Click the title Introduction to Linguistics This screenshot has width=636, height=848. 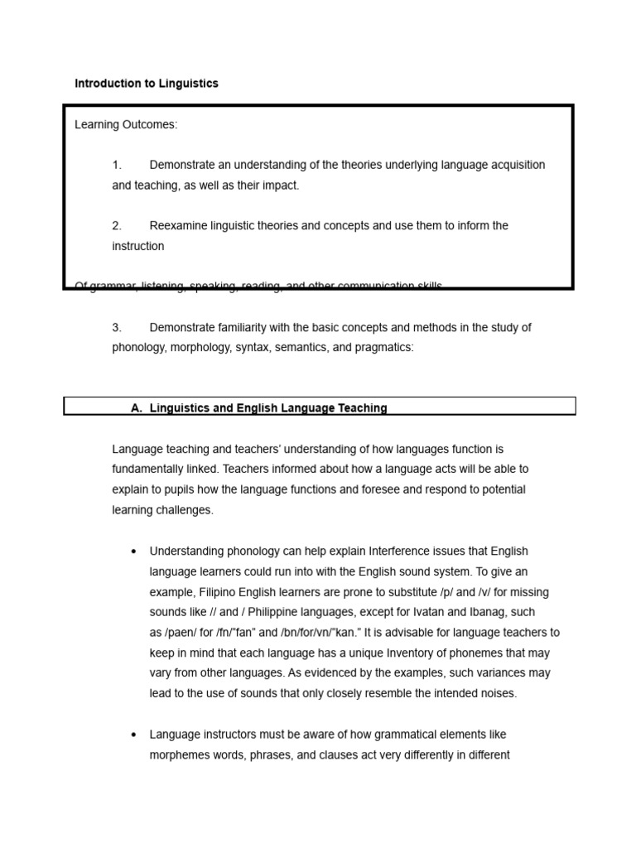[x=147, y=84]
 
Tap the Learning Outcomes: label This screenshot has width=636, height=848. [x=126, y=125]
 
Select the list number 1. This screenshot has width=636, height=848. [x=117, y=165]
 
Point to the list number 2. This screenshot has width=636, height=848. [x=117, y=225]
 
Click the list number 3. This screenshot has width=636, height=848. [x=117, y=327]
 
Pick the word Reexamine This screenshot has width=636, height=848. [x=178, y=225]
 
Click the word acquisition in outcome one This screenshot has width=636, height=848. [x=514, y=165]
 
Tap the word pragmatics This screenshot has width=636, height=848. [x=382, y=348]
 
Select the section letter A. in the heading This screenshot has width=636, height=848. [x=137, y=407]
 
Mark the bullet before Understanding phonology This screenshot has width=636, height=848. [x=134, y=552]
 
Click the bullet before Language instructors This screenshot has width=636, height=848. [x=134, y=735]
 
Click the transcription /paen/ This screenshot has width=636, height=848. [x=181, y=633]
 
